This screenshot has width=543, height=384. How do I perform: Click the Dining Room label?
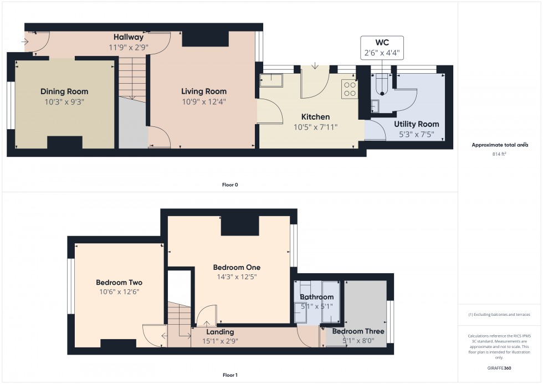point(64,91)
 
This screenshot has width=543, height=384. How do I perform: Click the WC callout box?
point(382,48)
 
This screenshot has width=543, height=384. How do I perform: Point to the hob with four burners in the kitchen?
point(350,89)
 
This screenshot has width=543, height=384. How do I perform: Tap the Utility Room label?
point(416,124)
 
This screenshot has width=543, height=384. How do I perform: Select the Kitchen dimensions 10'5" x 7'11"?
point(315,127)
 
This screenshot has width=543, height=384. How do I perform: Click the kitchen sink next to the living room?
point(271,81)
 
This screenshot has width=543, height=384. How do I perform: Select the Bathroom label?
point(317,297)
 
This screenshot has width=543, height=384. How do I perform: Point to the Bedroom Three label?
point(358,331)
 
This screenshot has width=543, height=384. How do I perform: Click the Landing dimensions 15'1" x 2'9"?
point(220,341)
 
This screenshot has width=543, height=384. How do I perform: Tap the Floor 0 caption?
point(229,185)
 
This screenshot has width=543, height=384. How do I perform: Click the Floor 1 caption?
point(229,375)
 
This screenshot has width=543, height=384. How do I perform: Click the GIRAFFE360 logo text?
point(500,367)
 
